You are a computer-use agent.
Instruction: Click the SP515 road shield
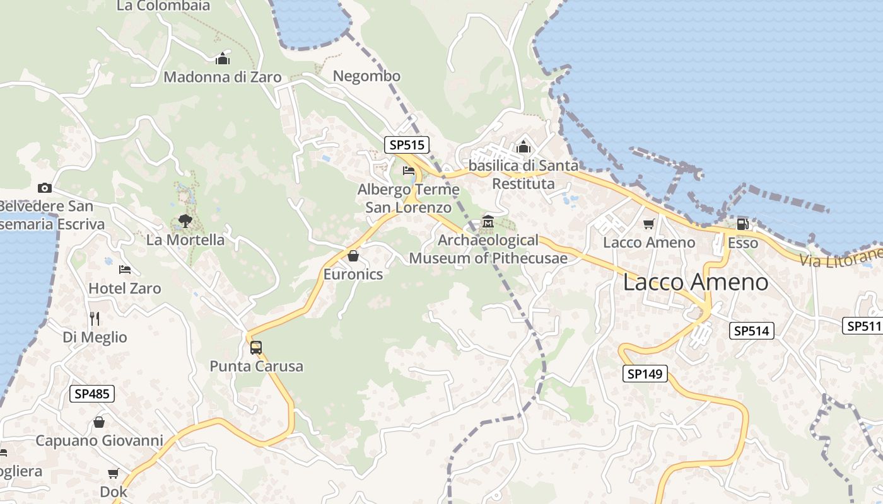pos(407,145)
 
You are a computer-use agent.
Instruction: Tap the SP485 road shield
pos(91,394)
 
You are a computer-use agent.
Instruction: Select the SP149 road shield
pos(645,374)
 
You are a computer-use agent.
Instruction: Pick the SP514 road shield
pos(751,331)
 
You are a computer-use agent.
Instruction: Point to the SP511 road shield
pos(863,326)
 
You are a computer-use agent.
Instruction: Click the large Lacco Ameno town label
pos(696,282)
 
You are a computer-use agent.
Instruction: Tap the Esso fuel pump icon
pos(743,224)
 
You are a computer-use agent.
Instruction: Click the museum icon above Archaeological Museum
pos(488,222)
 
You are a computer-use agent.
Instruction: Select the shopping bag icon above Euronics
pos(353,256)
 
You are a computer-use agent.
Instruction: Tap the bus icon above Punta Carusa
pos(256,347)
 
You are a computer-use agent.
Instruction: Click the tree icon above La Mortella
pos(185,220)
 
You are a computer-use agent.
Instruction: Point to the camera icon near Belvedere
pos(44,188)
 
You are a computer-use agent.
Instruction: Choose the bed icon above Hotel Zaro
pos(125,270)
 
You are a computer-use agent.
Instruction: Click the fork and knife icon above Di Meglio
pos(95,318)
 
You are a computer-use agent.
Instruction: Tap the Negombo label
pos(366,76)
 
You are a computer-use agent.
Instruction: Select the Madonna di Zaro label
pos(222,77)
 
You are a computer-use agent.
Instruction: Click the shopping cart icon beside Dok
pos(114,473)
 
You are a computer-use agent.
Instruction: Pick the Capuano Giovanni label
pos(99,440)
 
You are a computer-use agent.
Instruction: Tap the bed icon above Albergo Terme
pos(409,170)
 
